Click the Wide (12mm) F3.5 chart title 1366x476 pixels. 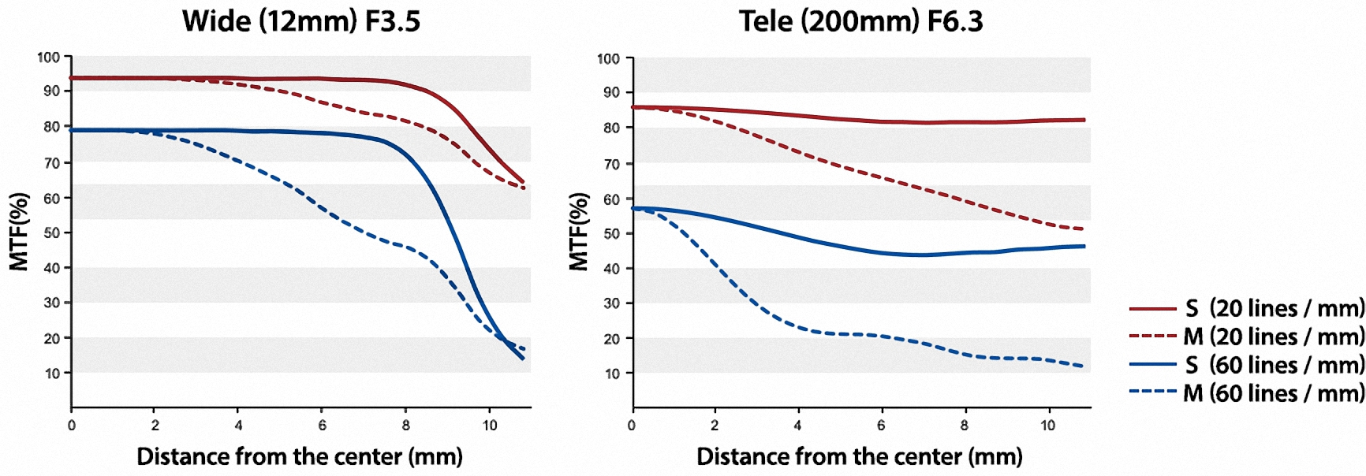coord(301,21)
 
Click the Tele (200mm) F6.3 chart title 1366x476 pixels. coord(860,21)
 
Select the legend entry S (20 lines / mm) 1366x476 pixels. coord(1246,308)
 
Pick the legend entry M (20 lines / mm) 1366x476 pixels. coord(1246,337)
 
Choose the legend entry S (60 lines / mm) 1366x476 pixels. coord(1246,365)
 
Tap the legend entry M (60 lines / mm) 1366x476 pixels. coord(1246,393)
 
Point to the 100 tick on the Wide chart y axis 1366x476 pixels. coord(49,57)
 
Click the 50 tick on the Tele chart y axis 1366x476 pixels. coord(612,233)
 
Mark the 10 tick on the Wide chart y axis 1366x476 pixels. coord(52,373)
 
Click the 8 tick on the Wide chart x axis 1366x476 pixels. coord(406,426)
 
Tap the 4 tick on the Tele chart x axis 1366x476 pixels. coord(798,426)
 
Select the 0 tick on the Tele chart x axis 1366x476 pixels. coord(632,426)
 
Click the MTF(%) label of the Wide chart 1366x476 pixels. coord(19,232)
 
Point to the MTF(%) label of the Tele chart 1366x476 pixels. coord(579,232)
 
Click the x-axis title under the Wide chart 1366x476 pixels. coord(300,456)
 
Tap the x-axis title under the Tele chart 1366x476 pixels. coord(860,456)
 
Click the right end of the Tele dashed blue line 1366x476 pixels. coord(1082,366)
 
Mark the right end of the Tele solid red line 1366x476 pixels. coord(1084,120)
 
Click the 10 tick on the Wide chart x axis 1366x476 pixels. coord(490,426)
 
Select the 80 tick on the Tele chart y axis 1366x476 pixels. coord(612,128)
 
